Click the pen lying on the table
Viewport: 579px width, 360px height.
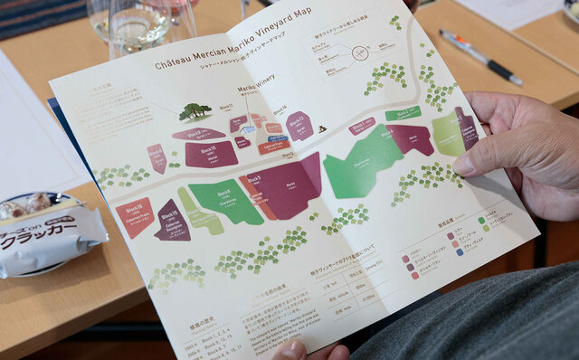click(x=479, y=56)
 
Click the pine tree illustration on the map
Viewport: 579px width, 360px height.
click(x=195, y=111)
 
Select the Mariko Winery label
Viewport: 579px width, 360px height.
click(x=255, y=89)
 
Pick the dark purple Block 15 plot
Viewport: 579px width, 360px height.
click(x=172, y=221)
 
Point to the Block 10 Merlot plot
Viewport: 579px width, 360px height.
click(x=212, y=153)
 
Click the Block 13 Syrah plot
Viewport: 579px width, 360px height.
click(x=299, y=124)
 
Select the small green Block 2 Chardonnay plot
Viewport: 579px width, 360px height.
click(x=403, y=113)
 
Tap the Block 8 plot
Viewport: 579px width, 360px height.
click(x=157, y=158)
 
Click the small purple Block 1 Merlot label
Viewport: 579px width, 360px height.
click(x=362, y=125)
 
